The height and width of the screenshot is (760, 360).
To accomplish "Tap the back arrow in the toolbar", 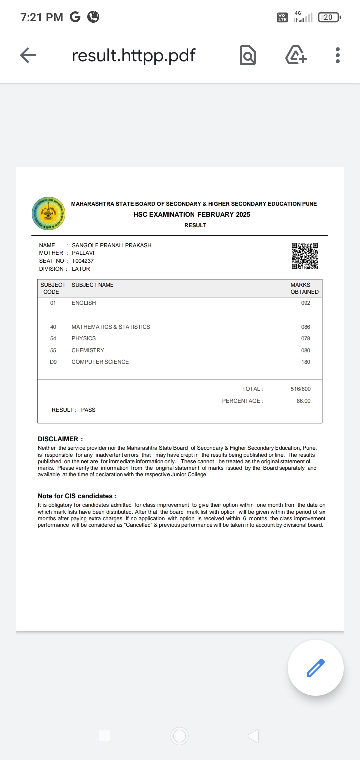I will [28, 55].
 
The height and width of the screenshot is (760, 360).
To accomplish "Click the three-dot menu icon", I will [338, 55].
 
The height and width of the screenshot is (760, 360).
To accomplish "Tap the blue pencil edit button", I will [315, 668].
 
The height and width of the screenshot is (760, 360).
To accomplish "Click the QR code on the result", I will [305, 256].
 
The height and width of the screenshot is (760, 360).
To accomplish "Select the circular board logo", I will [48, 213].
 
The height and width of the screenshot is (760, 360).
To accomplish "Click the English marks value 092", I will [305, 303].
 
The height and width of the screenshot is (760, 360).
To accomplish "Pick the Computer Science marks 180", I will [305, 362].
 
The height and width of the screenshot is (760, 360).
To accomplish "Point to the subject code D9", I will [53, 362].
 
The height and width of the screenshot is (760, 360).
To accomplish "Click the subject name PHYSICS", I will [83, 338].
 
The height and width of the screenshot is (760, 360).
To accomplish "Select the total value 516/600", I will [300, 389].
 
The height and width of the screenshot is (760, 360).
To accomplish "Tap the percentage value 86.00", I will [303, 401].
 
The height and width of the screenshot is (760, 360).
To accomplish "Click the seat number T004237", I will [83, 261].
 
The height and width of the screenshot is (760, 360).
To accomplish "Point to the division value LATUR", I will [81, 269].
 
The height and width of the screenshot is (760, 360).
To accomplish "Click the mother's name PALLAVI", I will [83, 253].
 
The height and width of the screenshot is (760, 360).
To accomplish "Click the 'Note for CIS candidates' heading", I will [77, 496].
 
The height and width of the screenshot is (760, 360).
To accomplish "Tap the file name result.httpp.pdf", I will [133, 55].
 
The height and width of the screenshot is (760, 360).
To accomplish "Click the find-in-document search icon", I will [247, 55].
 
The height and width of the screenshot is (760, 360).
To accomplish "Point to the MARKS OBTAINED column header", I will [304, 288].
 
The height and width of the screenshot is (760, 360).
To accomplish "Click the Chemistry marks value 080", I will [305, 350].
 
